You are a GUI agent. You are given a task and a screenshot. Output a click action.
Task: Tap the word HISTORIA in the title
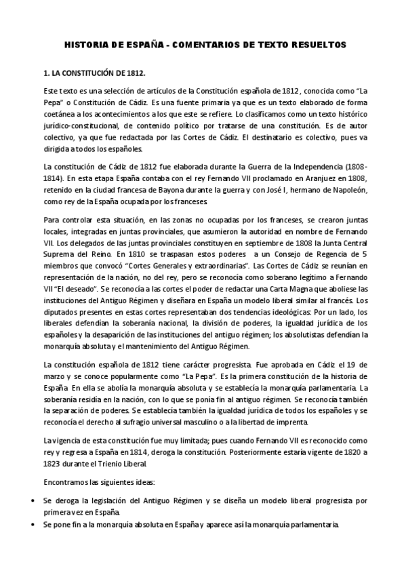pyautogui.click(x=86, y=45)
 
